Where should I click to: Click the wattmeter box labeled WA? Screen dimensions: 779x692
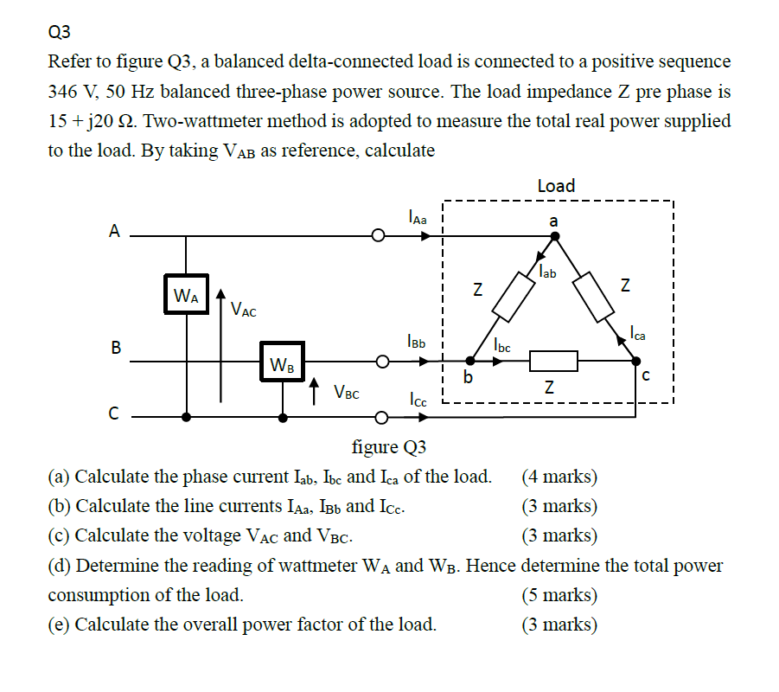pos(186,295)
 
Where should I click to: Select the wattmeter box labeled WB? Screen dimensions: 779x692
pos(282,362)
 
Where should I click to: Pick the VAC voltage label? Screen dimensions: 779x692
pos(243,309)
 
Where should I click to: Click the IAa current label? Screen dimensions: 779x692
pos(417,218)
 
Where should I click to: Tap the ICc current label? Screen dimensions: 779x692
pos(418,400)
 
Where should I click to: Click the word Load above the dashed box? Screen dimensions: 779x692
pos(556,185)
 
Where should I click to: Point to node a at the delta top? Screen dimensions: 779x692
pos(554,221)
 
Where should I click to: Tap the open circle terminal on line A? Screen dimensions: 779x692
pos(378,235)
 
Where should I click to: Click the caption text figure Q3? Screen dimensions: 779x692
pos(389,447)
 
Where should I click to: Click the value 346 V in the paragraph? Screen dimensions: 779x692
pos(72,91)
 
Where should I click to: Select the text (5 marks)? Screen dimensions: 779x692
pos(559,595)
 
